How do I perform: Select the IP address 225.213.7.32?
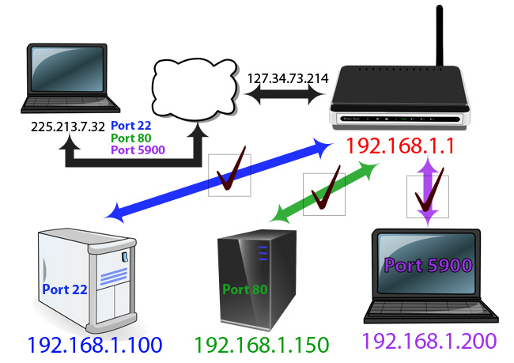tap(69, 126)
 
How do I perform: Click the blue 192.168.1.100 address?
tap(94, 345)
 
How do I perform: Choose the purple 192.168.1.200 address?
tap(429, 342)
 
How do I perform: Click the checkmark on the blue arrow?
tap(229, 176)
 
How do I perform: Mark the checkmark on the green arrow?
tap(325, 192)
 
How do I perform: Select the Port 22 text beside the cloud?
tap(131, 126)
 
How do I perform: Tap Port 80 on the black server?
tap(245, 289)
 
